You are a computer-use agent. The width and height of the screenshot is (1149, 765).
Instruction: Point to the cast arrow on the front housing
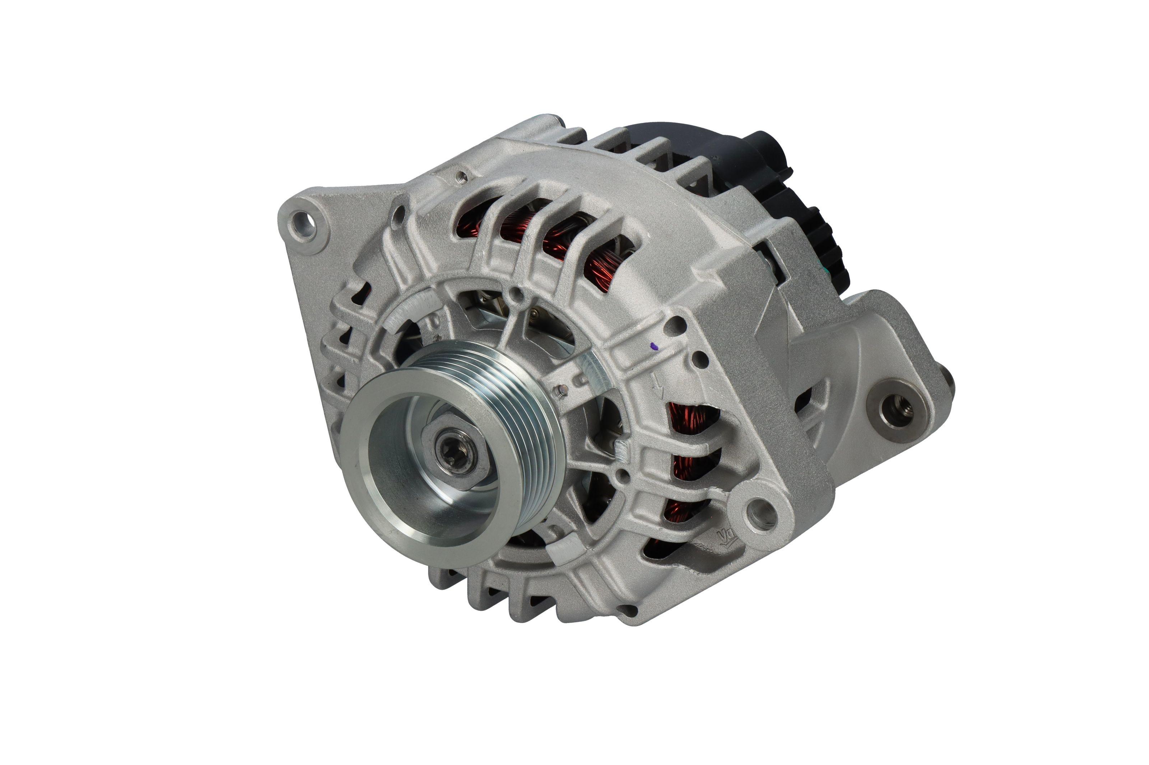click(658, 386)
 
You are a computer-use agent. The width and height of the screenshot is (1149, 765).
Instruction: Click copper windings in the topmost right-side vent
click(689, 420)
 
